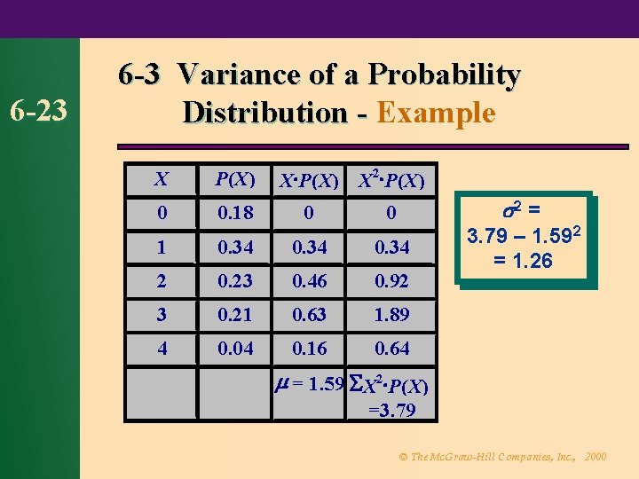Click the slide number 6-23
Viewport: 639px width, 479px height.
39,113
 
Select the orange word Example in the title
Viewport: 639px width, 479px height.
436,113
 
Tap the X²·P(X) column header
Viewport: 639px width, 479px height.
391,181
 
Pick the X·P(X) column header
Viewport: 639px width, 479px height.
309,182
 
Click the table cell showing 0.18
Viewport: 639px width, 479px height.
235,213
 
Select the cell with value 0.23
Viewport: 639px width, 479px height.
235,280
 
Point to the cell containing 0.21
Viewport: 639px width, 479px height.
235,314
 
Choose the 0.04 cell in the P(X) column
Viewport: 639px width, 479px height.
235,348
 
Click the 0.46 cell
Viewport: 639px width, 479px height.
311,280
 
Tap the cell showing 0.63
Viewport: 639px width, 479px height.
311,314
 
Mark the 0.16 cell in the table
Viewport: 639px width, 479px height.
311,348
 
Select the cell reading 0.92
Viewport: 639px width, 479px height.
391,280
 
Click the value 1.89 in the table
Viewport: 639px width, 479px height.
391,314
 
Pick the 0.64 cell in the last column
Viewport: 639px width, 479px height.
391,348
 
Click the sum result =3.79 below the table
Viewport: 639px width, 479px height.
391,410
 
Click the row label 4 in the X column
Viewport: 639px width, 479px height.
162,348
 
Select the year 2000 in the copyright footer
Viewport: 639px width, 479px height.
596,456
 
